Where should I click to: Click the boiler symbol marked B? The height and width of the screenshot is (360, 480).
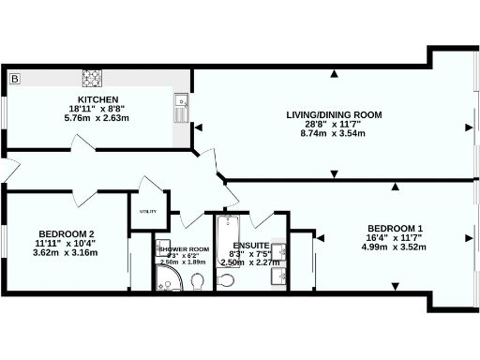point(14,78)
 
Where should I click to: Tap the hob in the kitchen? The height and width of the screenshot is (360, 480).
point(93,77)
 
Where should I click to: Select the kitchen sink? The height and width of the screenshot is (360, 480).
point(180,109)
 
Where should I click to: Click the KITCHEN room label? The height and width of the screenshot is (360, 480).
point(97,99)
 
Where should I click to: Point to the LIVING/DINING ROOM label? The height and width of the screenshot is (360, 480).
point(335,115)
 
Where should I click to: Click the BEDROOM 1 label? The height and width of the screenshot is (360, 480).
point(396,229)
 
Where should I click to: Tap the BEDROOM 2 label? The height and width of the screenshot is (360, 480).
point(66,233)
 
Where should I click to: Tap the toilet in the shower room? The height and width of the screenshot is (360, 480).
point(198,278)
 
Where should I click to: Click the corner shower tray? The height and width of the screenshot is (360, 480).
point(165,279)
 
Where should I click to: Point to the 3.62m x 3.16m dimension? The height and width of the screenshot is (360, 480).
point(66,252)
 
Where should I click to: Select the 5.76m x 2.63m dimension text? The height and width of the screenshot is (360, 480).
point(97,119)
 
